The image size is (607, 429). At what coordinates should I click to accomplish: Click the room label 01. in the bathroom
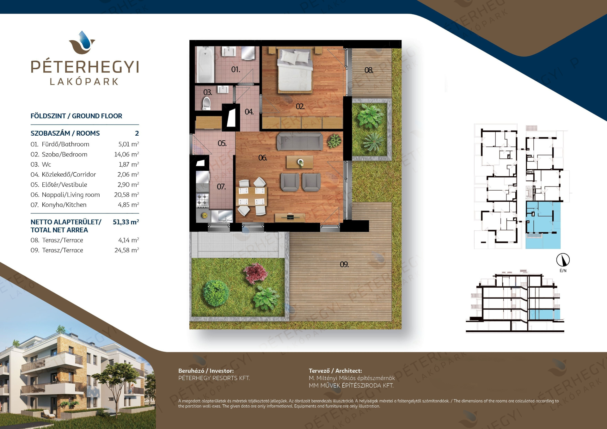tap(236, 70)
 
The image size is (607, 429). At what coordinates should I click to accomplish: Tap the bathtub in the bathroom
tap(205, 64)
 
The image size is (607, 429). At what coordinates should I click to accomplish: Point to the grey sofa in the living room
tap(300, 141)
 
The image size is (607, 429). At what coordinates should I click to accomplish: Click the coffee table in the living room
tap(300, 162)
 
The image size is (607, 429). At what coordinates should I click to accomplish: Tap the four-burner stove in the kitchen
tap(203, 200)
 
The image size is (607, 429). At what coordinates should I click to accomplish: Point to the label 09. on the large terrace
tap(344, 265)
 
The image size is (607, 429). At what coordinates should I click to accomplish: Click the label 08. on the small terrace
tap(369, 70)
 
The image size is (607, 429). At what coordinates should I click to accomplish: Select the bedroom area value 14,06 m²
tap(126, 154)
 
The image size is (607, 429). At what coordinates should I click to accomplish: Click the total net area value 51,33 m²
tap(126, 222)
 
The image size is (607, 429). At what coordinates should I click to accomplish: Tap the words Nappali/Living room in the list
tap(71, 195)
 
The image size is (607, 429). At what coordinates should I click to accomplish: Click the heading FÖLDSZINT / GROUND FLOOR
tap(76, 116)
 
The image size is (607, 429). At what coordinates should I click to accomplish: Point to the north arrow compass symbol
tap(563, 260)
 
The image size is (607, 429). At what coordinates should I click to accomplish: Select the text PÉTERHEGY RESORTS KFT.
tap(214, 378)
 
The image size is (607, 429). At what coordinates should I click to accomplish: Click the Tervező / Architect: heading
tap(335, 371)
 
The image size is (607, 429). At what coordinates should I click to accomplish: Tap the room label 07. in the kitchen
tap(221, 187)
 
